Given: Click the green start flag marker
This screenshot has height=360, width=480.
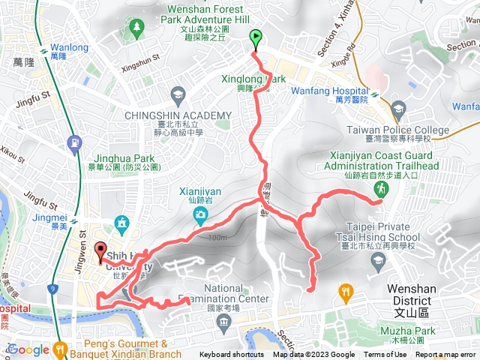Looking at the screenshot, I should pyautogui.click(x=256, y=36).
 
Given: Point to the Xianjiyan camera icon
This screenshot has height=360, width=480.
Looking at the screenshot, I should pyautogui.click(x=200, y=217).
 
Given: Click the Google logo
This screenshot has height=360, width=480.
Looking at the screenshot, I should pyautogui.click(x=28, y=349).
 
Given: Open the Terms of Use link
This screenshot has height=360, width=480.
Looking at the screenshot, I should pyautogui.click(x=385, y=355).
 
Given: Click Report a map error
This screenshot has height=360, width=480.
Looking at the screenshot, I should pyautogui.click(x=446, y=355).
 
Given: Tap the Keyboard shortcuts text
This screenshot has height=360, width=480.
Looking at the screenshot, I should pyautogui.click(x=232, y=355).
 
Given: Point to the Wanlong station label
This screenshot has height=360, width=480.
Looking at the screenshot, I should pyautogui.click(x=69, y=48).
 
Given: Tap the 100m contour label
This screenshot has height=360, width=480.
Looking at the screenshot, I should pyautogui.click(x=217, y=238).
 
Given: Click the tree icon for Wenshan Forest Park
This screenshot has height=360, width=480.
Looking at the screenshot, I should pyautogui.click(x=136, y=28).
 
